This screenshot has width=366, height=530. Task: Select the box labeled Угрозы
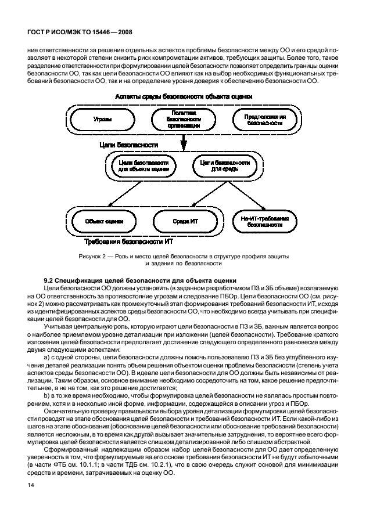point(103,119)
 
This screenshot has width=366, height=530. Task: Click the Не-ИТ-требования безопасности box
point(264,221)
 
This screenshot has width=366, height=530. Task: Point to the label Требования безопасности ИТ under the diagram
point(129,240)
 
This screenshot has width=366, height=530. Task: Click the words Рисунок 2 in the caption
point(92,255)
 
